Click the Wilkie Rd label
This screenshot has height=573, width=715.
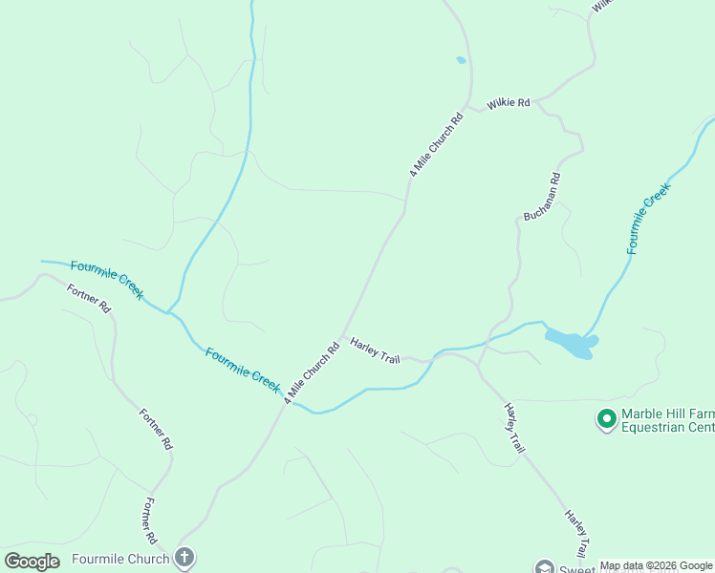tap(508, 103)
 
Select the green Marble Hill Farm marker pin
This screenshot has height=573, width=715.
tap(605, 418)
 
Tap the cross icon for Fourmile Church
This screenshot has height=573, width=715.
tap(184, 558)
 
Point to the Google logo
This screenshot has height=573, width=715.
tap(32, 562)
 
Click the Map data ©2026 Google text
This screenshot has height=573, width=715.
tap(656, 565)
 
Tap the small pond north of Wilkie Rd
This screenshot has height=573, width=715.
tap(461, 60)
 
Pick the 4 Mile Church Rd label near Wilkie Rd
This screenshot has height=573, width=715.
tap(436, 145)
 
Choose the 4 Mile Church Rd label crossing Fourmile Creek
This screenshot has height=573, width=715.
tap(312, 372)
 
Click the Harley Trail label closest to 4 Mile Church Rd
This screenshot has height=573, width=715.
tap(375, 350)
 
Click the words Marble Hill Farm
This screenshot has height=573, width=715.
tap(667, 414)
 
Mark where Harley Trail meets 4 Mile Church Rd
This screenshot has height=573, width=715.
tap(342, 334)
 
